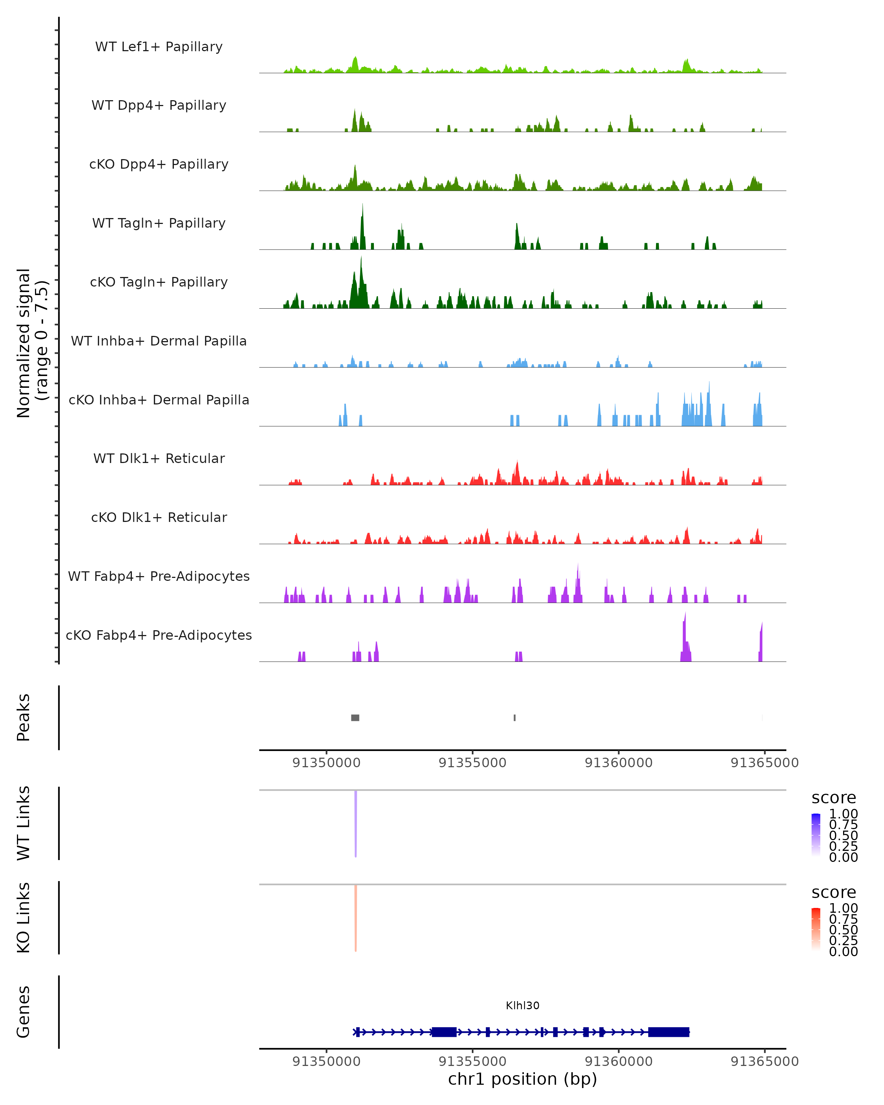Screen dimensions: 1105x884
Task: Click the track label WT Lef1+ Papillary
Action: click(x=159, y=47)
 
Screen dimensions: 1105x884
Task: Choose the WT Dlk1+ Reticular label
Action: click(x=159, y=458)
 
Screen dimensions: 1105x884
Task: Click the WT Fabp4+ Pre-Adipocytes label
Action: click(x=159, y=576)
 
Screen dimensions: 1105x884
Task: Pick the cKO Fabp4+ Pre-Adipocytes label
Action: click(x=159, y=635)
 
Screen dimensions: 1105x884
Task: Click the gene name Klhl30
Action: click(x=522, y=1006)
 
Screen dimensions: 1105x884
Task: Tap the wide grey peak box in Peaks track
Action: click(x=355, y=718)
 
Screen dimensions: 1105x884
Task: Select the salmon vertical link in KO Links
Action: click(x=356, y=918)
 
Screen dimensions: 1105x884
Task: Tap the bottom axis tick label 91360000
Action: click(x=618, y=1062)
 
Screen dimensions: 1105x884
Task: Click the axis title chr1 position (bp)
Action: click(x=522, y=1079)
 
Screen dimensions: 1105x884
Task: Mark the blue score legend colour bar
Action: click(x=816, y=834)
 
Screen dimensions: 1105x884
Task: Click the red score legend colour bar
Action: click(x=816, y=929)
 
